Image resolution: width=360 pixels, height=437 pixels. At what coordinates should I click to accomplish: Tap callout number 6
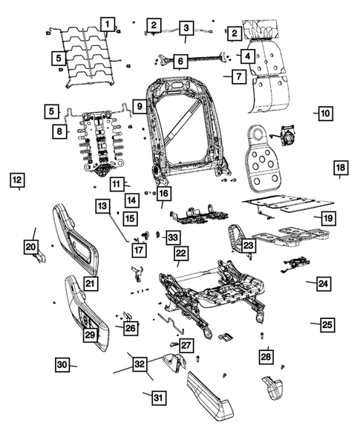point(180,62)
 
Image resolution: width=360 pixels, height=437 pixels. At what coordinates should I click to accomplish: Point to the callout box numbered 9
point(139,107)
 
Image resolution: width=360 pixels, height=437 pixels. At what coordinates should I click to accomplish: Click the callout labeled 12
point(16,179)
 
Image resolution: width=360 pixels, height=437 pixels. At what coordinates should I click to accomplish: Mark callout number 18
point(340,168)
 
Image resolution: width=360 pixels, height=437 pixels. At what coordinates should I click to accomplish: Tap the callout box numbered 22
point(180,253)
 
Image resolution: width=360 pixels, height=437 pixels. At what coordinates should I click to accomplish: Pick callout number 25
point(327,324)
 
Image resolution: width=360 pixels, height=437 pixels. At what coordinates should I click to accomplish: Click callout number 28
point(266,356)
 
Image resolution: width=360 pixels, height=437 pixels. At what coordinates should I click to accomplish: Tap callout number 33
point(172,237)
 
